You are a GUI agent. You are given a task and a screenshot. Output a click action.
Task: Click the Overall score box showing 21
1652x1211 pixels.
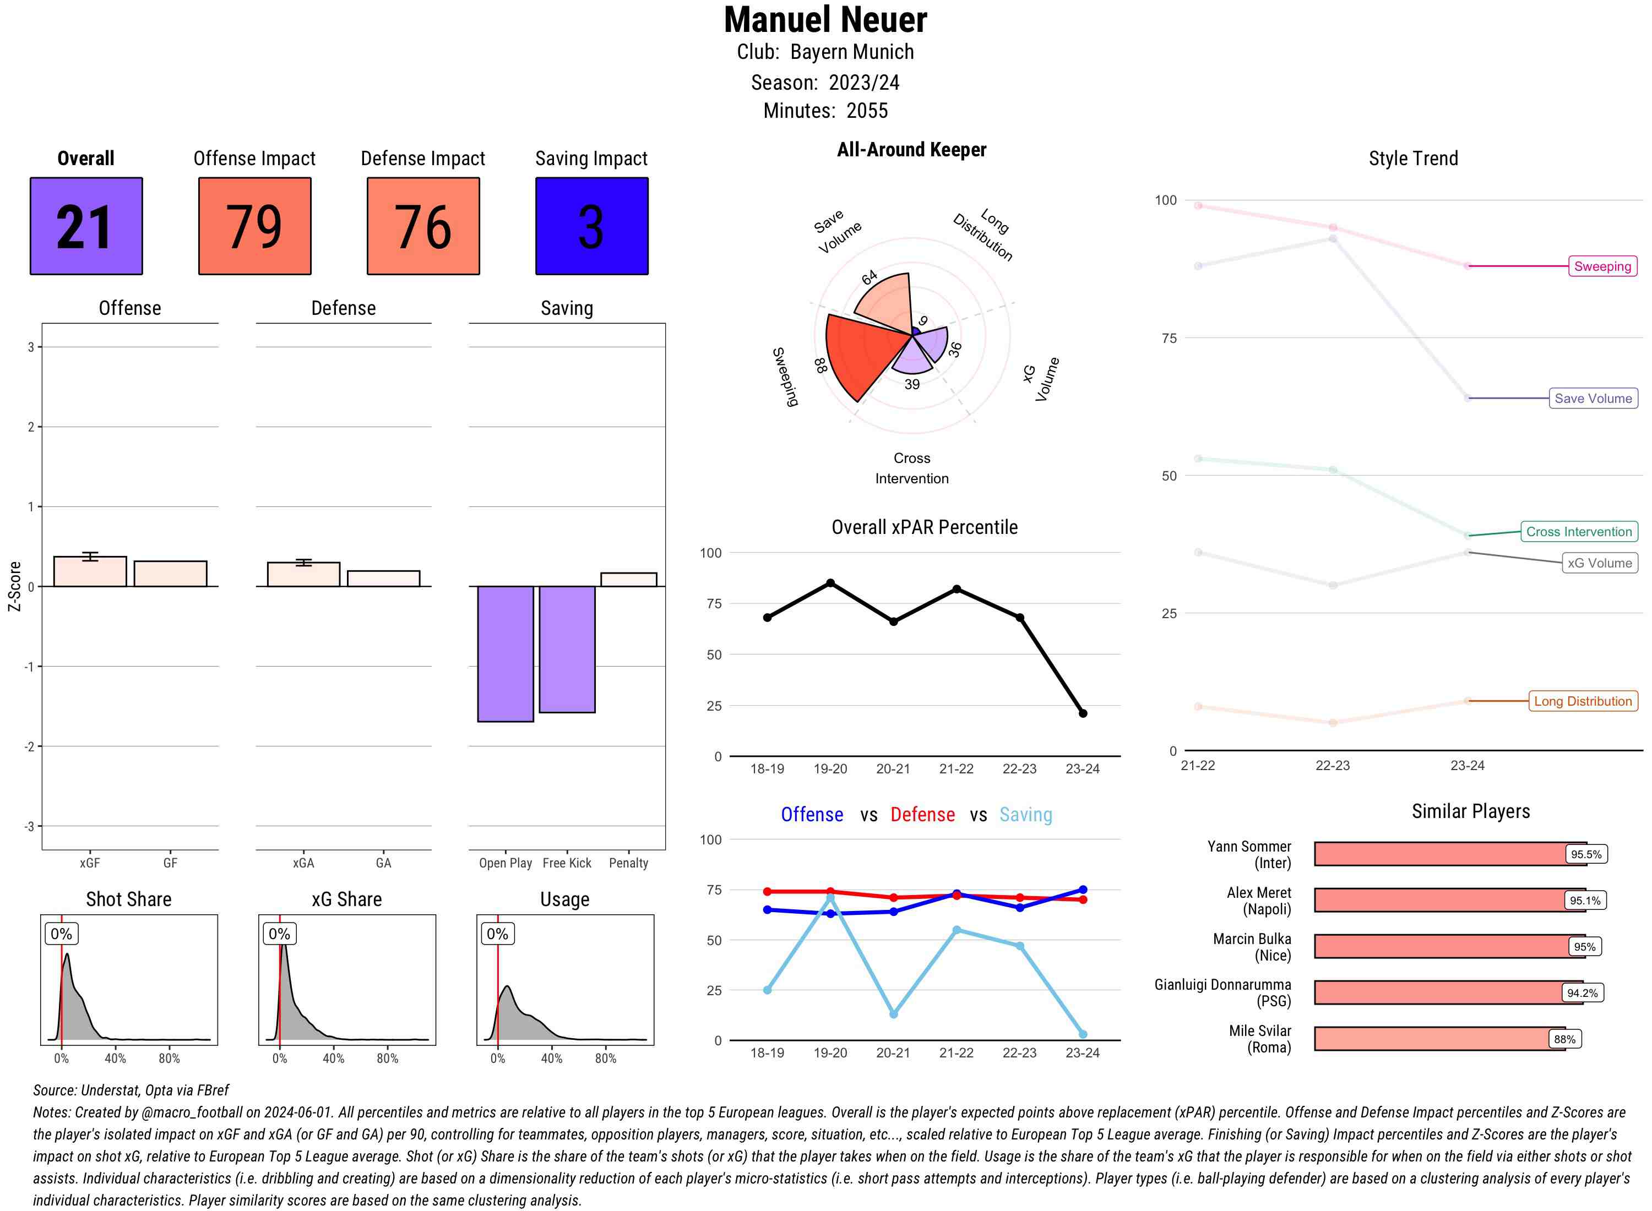(x=86, y=226)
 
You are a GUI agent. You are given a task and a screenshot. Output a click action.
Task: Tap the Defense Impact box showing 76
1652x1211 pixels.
(x=423, y=226)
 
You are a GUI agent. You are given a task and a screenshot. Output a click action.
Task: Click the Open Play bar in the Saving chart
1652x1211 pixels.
(x=505, y=653)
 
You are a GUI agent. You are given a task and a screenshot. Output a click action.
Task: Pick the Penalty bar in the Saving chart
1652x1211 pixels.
(x=628, y=579)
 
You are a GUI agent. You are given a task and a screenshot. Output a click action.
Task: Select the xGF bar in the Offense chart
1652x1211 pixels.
(x=90, y=572)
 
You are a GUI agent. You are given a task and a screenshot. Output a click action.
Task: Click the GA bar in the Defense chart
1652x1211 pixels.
(x=383, y=579)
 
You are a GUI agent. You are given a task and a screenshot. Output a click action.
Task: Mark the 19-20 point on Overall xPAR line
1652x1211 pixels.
(x=830, y=583)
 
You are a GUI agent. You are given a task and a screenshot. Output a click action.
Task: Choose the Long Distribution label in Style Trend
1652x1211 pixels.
(x=1583, y=701)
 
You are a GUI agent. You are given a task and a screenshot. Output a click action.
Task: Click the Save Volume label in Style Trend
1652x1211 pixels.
(x=1593, y=398)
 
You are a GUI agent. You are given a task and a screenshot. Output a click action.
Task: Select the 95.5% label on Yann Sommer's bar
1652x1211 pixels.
(x=1585, y=854)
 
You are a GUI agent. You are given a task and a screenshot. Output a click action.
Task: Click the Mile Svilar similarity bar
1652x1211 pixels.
(x=1439, y=1039)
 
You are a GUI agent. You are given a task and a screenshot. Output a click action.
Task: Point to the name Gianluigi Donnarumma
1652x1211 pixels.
(x=1222, y=984)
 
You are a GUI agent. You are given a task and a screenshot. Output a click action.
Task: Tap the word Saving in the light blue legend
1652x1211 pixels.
(x=1025, y=815)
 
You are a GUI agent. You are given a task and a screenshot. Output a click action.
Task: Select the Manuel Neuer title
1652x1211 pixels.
(x=825, y=20)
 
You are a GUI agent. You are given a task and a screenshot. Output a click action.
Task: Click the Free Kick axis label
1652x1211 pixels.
(x=567, y=863)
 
